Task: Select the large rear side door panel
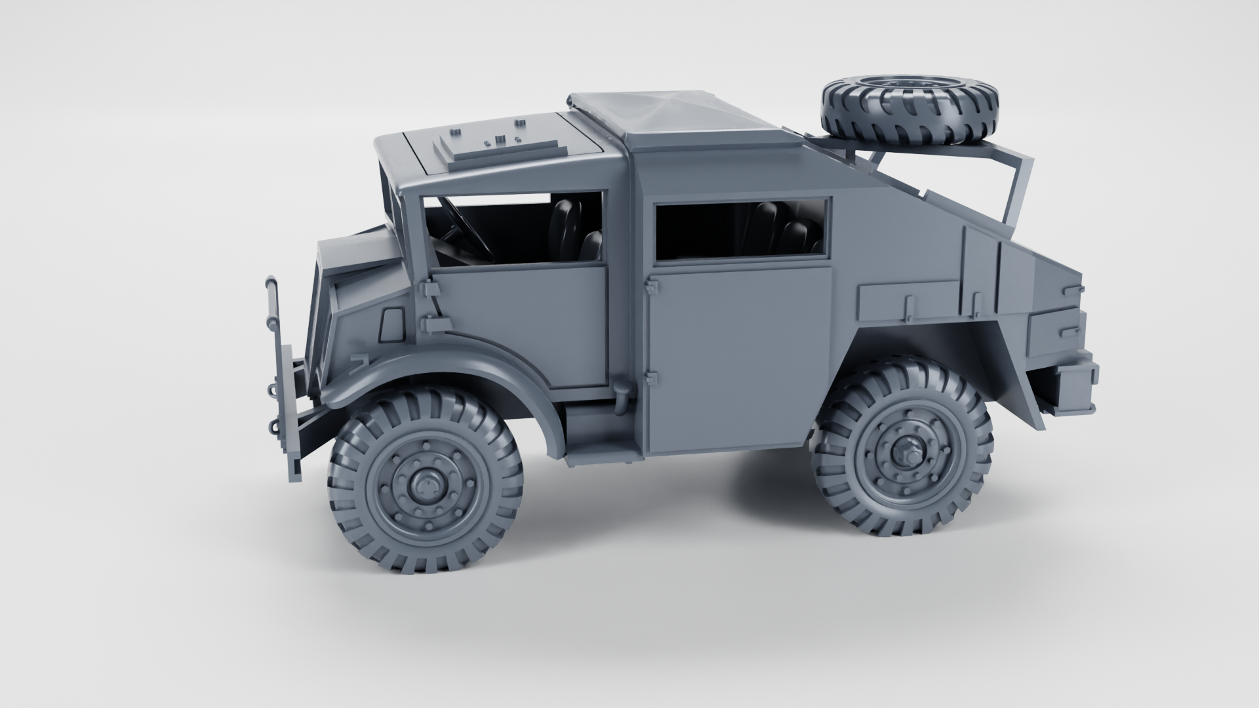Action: pyautogui.click(x=738, y=354)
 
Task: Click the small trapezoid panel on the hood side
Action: pyautogui.click(x=393, y=324)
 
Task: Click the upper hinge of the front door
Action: pyautogui.click(x=429, y=288)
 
